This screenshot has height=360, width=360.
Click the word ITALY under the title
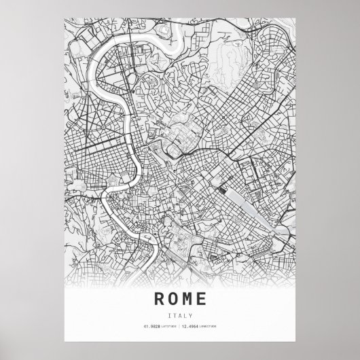coord(180,314)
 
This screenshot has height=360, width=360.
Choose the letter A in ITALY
coord(180,314)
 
